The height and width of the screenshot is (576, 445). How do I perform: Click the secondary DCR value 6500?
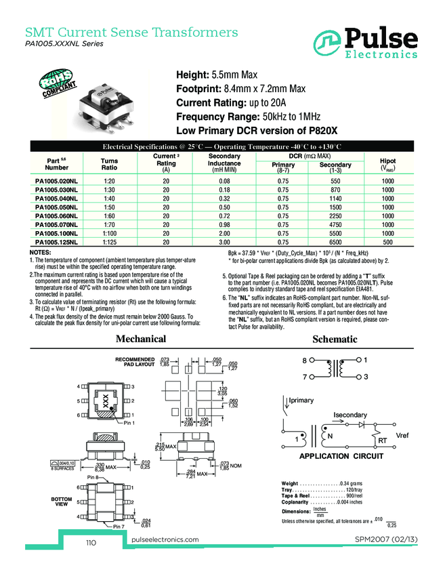(x=335, y=242)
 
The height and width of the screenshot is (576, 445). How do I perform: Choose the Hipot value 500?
(x=387, y=242)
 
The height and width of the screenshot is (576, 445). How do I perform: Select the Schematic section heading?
(x=335, y=338)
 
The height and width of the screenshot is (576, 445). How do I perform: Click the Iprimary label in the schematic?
(x=305, y=402)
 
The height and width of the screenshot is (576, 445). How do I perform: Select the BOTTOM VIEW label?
(x=62, y=501)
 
